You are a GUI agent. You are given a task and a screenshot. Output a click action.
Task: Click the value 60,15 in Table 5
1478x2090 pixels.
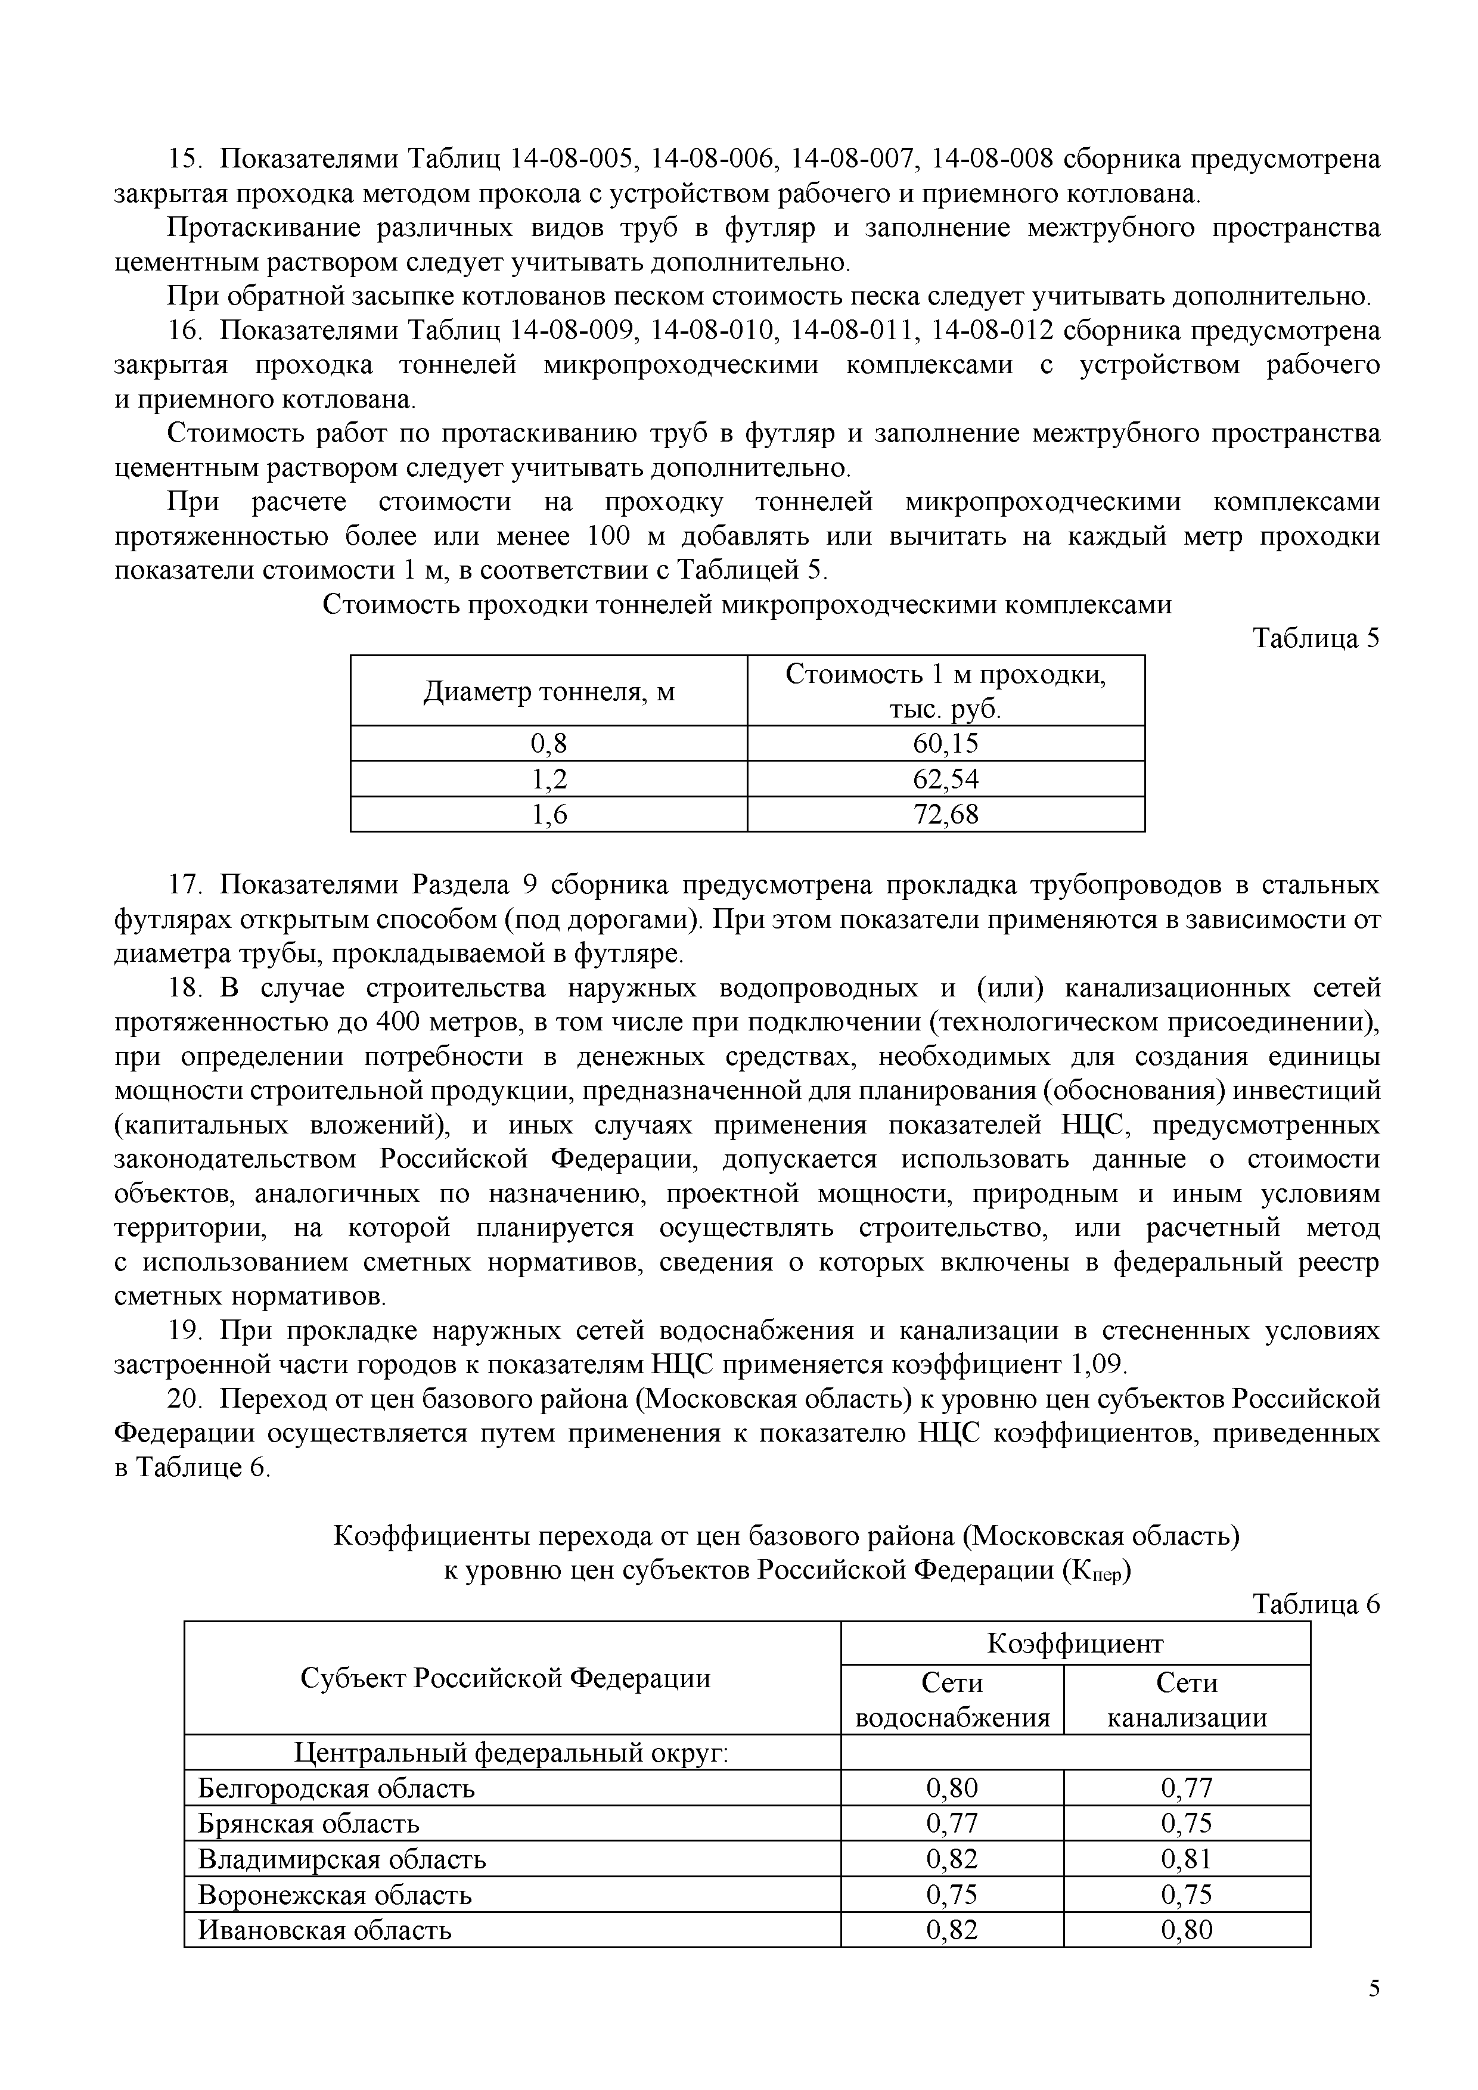point(946,744)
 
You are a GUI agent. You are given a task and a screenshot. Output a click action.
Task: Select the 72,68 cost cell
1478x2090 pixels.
point(946,814)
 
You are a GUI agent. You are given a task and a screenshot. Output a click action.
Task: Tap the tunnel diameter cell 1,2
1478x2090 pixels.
point(549,779)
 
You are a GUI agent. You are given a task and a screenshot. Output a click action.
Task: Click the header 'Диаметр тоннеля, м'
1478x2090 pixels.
point(549,692)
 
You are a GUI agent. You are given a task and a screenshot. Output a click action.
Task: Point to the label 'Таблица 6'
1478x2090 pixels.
point(1315,1604)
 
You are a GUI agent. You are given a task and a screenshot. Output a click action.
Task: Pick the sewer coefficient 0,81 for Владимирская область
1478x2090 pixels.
point(1187,1860)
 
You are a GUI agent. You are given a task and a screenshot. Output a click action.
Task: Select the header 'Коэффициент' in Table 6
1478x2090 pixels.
point(1075,1643)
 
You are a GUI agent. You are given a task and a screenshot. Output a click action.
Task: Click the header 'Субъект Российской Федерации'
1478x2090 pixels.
point(505,1678)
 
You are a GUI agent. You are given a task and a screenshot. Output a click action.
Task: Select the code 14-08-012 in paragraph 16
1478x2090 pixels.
point(993,330)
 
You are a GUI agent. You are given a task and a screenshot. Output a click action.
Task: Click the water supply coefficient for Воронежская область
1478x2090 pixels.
point(951,1895)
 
